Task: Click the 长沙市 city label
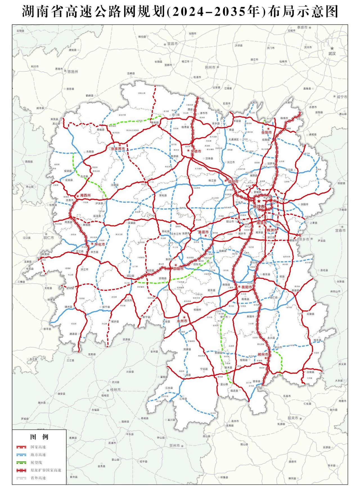point(259,207)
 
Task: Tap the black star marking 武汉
point(332,48)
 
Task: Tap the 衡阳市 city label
point(245,287)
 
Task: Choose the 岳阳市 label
point(267,132)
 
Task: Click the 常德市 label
point(196,151)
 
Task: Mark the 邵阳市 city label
point(178,269)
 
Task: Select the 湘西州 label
point(85,195)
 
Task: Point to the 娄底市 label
point(203,232)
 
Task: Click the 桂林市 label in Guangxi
point(115,390)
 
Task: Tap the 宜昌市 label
point(172,44)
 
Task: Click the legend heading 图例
point(39,437)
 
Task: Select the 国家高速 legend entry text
point(38,447)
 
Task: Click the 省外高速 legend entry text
point(38,478)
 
